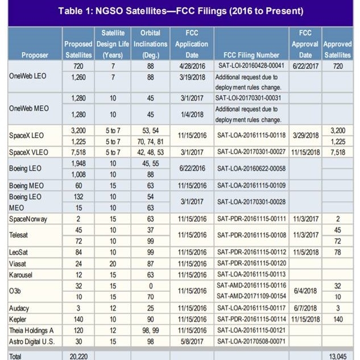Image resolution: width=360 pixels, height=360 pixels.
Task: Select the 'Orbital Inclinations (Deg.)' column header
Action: click(150, 44)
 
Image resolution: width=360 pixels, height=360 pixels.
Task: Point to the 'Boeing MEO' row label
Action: click(26, 185)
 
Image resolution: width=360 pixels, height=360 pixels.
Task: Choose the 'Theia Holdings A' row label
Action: click(31, 330)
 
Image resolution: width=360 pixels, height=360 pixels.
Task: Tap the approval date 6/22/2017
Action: click(305, 66)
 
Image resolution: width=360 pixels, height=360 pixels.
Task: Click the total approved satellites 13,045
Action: click(338, 355)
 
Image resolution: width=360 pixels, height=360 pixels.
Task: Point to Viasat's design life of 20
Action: click(113, 263)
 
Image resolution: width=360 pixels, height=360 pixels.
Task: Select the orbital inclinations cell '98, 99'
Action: click(150, 330)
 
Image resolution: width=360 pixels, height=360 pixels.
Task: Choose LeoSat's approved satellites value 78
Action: click(338, 252)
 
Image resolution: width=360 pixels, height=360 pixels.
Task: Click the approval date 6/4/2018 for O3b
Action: click(305, 291)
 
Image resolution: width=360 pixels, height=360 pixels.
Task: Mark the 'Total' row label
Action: click(16, 355)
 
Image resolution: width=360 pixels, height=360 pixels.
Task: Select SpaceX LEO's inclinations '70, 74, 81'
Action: click(150, 142)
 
